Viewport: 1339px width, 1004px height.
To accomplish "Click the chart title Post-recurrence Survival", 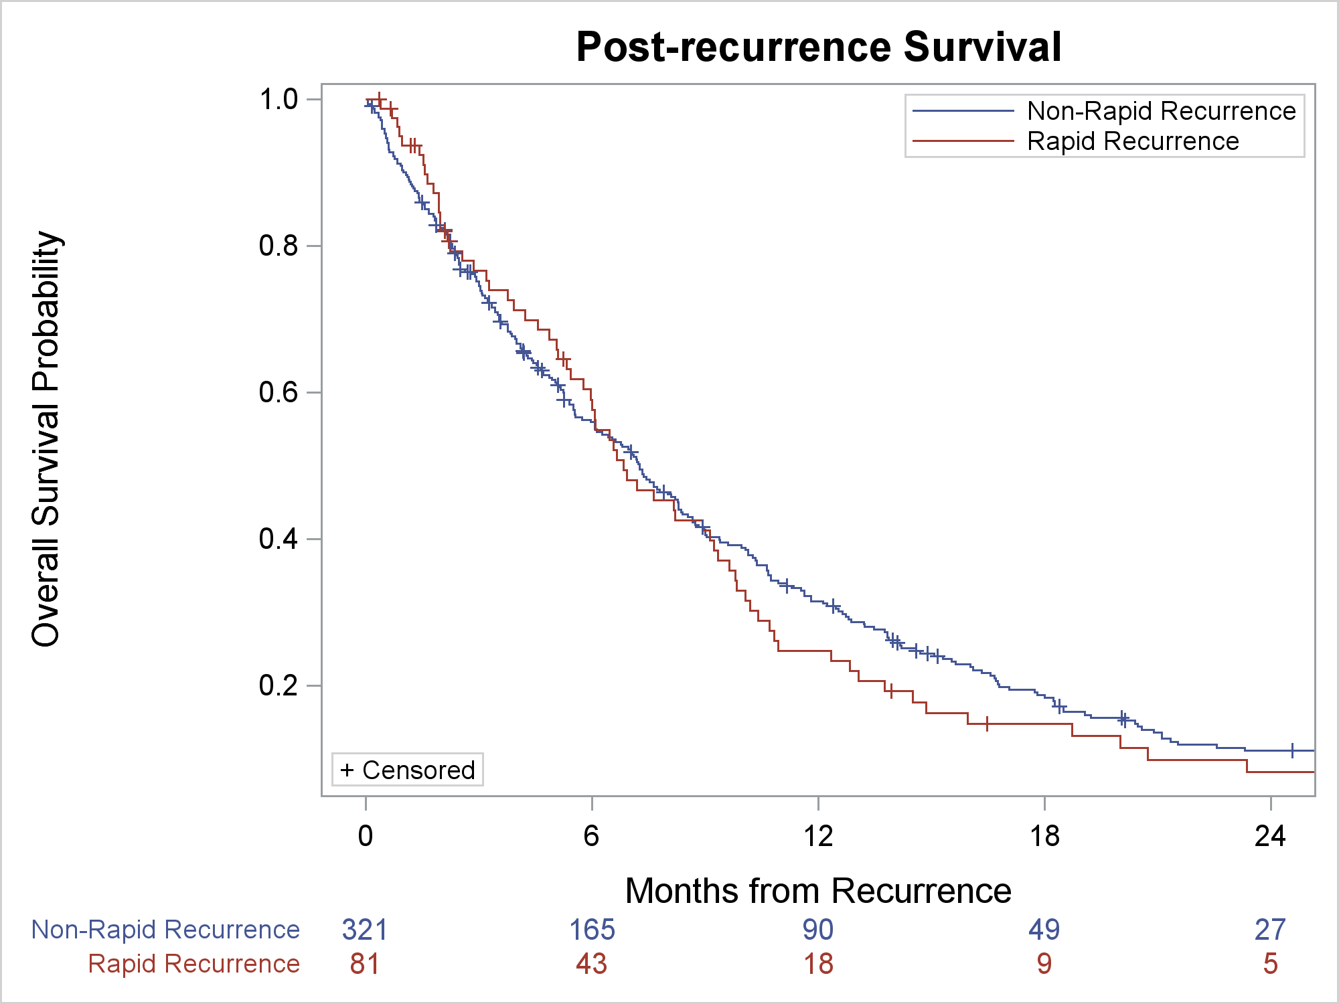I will click(x=818, y=47).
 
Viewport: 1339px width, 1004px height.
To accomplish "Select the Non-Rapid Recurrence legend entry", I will click(x=1161, y=111).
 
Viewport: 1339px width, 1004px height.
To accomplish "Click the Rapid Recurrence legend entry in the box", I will click(x=1133, y=141).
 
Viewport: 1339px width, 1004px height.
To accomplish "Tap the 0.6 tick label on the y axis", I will click(x=279, y=392).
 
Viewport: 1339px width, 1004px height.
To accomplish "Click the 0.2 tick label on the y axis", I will click(x=279, y=685).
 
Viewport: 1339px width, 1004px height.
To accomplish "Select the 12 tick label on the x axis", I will click(x=818, y=836).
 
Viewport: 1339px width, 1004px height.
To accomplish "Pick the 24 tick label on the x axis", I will click(x=1270, y=836).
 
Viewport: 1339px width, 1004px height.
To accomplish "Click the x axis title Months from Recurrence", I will click(x=818, y=891).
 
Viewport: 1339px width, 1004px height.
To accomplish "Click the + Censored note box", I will click(x=408, y=770).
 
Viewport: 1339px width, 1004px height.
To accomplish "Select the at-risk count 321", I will click(x=365, y=930).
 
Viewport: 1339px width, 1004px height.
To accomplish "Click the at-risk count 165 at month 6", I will click(x=592, y=930).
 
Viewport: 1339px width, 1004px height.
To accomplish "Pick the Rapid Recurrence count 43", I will click(x=592, y=964).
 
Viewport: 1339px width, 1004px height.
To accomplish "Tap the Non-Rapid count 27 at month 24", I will click(x=1270, y=930).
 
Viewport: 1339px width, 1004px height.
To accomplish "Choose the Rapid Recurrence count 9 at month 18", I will click(x=1044, y=964).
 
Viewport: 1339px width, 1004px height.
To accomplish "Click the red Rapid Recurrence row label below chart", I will click(x=194, y=964).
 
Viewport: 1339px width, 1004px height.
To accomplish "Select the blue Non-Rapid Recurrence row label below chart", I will click(x=165, y=930).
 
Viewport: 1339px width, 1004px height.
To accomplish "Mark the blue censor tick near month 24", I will click(x=1292, y=750).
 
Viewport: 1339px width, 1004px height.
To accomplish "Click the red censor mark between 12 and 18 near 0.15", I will click(x=987, y=724).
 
